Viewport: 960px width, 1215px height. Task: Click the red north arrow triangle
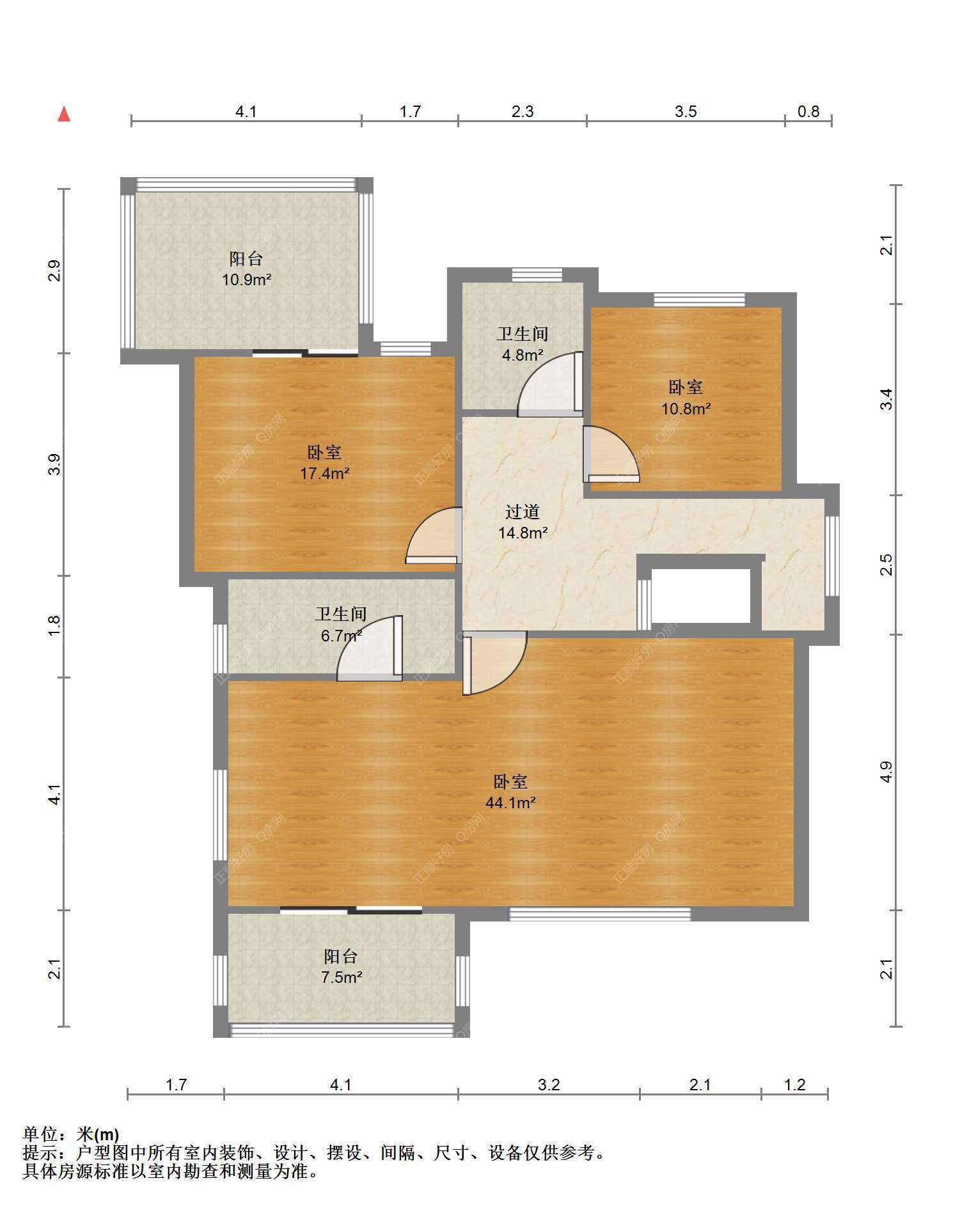[x=64, y=114]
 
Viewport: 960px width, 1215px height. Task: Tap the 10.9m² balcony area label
[x=247, y=279]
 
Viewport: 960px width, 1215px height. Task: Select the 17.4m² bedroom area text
[x=325, y=473]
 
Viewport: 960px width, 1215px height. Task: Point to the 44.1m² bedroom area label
[x=510, y=802]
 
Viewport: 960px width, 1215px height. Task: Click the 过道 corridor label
[x=523, y=512]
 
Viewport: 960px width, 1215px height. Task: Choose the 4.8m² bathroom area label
[x=523, y=355]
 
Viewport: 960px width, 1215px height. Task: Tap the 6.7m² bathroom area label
[x=342, y=636]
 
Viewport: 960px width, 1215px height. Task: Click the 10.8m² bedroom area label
[x=686, y=408]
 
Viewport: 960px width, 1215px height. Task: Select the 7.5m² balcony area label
[x=342, y=977]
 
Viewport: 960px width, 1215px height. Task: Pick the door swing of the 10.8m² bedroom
[x=611, y=453]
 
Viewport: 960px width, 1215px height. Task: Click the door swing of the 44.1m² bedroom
[x=494, y=663]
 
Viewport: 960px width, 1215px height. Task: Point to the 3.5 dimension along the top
[x=686, y=112]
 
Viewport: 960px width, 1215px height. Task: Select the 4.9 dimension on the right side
[x=886, y=772]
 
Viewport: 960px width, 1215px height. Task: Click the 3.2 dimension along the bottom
[x=549, y=1085]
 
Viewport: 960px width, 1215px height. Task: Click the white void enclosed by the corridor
[x=701, y=595]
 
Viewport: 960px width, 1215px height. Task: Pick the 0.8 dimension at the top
[x=808, y=112]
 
